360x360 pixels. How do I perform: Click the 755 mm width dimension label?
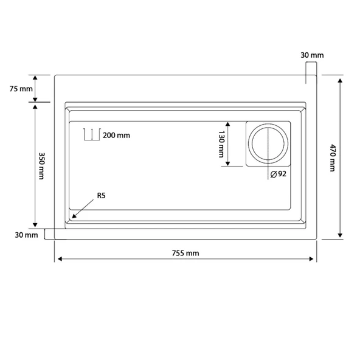(x=185, y=253)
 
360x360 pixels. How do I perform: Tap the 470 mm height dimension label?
(x=333, y=157)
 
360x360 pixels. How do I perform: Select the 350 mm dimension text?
(x=41, y=166)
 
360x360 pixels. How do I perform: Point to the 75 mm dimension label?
(x=21, y=89)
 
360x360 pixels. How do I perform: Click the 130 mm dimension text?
(x=221, y=144)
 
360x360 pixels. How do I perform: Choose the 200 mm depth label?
(x=116, y=136)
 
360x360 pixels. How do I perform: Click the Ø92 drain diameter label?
(x=279, y=174)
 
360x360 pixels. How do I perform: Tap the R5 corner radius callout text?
(x=101, y=196)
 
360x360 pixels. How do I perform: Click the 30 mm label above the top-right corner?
(x=312, y=55)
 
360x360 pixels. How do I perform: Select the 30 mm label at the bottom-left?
(x=26, y=235)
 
